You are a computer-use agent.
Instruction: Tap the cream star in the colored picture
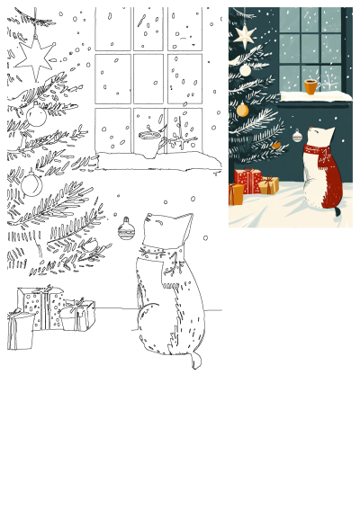click(x=245, y=35)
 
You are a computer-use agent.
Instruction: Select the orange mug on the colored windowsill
click(x=310, y=87)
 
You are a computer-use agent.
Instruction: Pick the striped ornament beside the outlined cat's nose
click(x=126, y=230)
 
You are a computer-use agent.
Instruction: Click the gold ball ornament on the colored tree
click(x=242, y=110)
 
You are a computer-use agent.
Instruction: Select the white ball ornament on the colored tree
click(x=245, y=69)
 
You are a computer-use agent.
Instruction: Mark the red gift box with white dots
click(x=247, y=181)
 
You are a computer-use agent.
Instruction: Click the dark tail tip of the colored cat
click(x=337, y=212)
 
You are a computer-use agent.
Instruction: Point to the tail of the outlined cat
click(x=193, y=360)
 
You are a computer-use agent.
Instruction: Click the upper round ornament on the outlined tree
click(x=36, y=115)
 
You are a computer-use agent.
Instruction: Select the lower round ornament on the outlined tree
click(x=31, y=184)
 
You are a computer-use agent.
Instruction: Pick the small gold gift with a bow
click(x=268, y=185)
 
